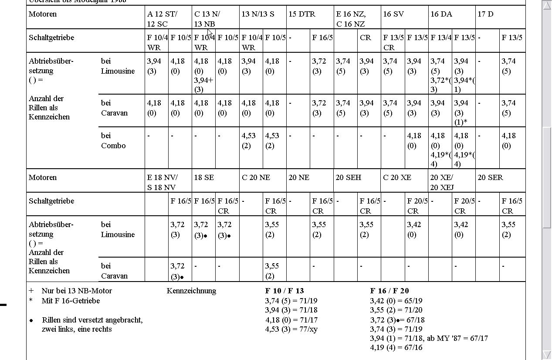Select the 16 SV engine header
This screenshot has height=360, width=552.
(393, 14)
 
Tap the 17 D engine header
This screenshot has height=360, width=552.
(485, 14)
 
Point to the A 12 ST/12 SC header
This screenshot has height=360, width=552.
(162, 19)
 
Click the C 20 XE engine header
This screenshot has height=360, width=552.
(397, 177)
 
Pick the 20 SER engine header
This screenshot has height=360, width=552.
(490, 177)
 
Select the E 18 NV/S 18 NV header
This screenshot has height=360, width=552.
(162, 182)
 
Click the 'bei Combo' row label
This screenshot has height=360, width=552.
(113, 140)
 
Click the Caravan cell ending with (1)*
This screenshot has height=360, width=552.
(464, 112)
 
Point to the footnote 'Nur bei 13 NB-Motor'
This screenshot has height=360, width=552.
(77, 291)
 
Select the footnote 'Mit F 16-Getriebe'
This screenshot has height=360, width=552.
(71, 301)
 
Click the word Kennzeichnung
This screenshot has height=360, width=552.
(191, 291)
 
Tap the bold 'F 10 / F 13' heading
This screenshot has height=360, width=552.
(284, 291)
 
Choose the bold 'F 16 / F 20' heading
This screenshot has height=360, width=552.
(389, 291)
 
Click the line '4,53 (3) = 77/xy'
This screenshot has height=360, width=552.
(291, 329)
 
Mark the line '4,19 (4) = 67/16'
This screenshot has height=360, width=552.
(396, 347)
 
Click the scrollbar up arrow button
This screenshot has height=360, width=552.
(546, 5)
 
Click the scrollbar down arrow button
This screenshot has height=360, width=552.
(546, 354)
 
